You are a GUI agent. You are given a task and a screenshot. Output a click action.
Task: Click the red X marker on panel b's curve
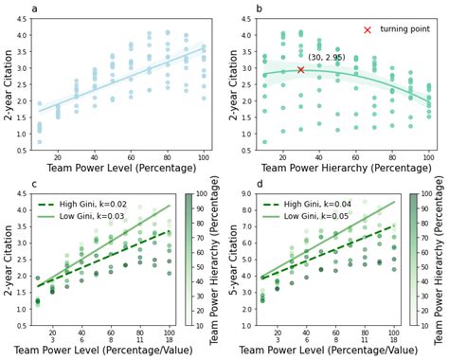coord(301,70)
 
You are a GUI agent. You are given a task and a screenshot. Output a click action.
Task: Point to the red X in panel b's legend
coord(367,30)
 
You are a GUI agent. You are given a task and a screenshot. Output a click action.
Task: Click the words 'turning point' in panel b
coord(404,30)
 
